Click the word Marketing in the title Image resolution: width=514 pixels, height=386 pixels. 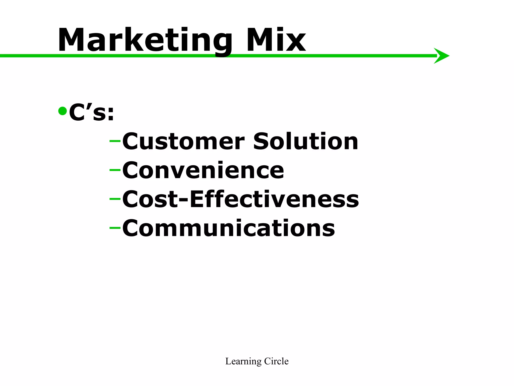tap(145, 40)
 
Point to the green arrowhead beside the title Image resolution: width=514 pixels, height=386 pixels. tap(442, 56)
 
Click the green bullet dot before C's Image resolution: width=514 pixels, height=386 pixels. tap(62, 111)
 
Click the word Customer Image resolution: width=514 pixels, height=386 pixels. tap(183, 141)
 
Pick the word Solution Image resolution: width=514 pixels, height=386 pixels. tap(306, 141)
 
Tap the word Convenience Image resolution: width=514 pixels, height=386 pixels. tap(203, 170)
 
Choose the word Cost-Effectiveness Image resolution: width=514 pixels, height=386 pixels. tap(240, 199)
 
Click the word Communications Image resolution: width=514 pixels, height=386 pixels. tap(228, 228)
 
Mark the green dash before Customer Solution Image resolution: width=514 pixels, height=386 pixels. tap(115, 141)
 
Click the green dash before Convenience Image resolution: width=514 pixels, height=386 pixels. tap(115, 170)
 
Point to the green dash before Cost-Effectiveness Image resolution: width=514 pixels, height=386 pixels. tap(115, 199)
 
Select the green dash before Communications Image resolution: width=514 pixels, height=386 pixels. tap(115, 228)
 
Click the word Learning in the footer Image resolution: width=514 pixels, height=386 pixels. tap(240, 362)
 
